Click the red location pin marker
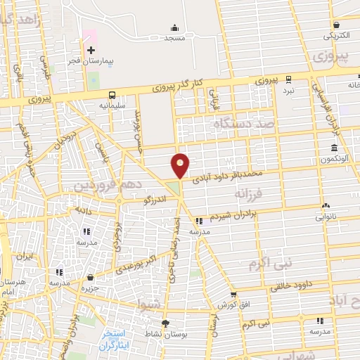(181, 165)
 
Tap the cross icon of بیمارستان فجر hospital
(91, 51)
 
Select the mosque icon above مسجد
(174, 27)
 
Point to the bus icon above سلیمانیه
(112, 94)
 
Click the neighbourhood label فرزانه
(254, 193)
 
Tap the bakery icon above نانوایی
(326, 206)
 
